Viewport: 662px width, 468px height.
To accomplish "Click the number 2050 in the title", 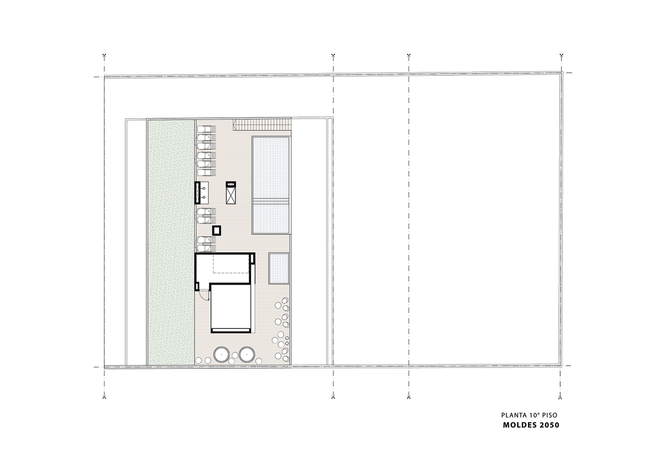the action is tap(549, 425).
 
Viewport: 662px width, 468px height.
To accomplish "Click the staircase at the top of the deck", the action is tap(262, 124).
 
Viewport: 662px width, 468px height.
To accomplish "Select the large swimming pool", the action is tap(270, 185).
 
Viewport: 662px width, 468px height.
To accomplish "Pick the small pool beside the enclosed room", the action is tap(279, 268).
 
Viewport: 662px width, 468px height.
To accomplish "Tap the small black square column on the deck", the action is tap(217, 230).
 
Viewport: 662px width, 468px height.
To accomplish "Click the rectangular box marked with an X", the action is tap(230, 193).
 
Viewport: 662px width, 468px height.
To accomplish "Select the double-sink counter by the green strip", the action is tap(201, 193).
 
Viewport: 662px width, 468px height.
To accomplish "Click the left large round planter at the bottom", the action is tap(221, 354).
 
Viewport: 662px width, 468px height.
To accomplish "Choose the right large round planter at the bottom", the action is tap(247, 354).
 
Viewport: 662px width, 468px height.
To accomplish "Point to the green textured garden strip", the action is tap(171, 242).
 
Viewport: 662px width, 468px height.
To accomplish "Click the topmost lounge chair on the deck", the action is tap(207, 129).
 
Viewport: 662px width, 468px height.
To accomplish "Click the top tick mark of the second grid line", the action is tap(333, 55).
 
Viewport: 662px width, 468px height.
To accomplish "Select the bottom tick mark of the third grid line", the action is tap(409, 397).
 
